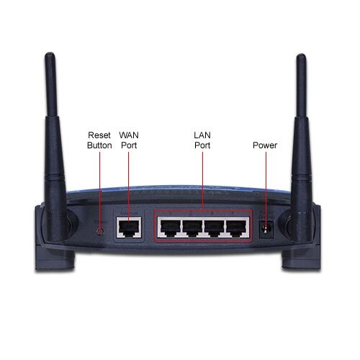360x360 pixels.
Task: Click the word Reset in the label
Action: (x=99, y=135)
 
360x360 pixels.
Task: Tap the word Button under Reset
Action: (x=99, y=145)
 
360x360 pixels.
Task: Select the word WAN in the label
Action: (x=129, y=135)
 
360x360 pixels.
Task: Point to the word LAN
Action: (x=202, y=135)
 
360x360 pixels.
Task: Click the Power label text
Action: (x=265, y=145)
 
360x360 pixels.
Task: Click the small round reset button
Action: (x=100, y=232)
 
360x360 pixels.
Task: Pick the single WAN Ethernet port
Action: (x=129, y=228)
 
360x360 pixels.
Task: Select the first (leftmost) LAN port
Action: (x=170, y=228)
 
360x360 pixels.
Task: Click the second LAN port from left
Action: (x=192, y=228)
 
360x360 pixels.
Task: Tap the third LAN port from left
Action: (x=214, y=228)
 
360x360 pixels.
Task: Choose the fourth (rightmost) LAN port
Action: (x=236, y=228)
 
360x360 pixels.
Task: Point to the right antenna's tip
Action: (x=301, y=55)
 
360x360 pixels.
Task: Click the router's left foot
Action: (x=55, y=257)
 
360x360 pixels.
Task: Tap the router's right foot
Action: (x=301, y=258)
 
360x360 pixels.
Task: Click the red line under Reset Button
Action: (x=99, y=192)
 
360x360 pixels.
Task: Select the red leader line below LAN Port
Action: (x=202, y=181)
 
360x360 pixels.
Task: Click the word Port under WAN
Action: (x=129, y=145)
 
